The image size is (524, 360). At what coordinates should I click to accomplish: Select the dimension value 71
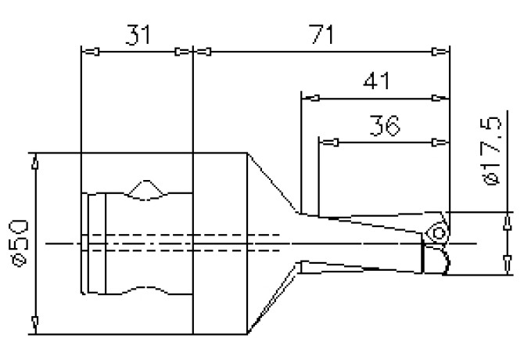(x=321, y=34)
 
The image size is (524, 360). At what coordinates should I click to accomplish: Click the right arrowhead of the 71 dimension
(x=442, y=52)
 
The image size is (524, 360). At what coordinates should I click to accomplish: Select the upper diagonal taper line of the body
(x=272, y=182)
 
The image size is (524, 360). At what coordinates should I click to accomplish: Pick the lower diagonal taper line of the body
(x=272, y=301)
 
